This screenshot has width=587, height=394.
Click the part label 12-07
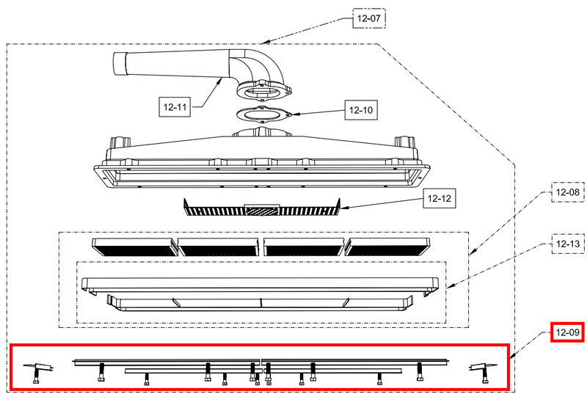tap(369, 18)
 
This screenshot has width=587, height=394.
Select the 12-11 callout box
tap(175, 107)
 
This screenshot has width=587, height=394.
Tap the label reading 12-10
tap(361, 110)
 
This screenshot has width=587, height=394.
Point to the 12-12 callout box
tap(439, 198)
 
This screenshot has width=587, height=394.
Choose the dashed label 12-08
tap(567, 192)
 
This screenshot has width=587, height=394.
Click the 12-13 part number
tap(567, 244)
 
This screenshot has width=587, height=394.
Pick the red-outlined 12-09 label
tap(567, 332)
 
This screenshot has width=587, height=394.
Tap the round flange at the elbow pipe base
tap(264, 90)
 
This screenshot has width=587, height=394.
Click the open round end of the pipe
tap(120, 64)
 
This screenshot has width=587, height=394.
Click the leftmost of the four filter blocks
tap(135, 247)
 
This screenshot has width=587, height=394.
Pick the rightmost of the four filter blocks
tap(388, 247)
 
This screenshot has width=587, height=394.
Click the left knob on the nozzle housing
tap(120, 142)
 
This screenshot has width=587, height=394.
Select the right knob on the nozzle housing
tap(405, 142)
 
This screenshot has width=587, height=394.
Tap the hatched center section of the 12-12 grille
tap(262, 211)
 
